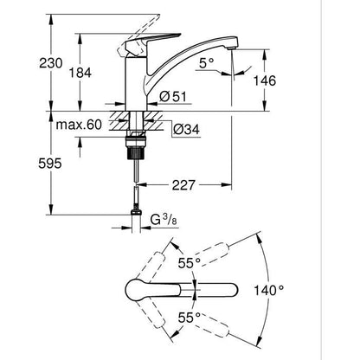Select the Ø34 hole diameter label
186,131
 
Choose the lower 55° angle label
189,317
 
